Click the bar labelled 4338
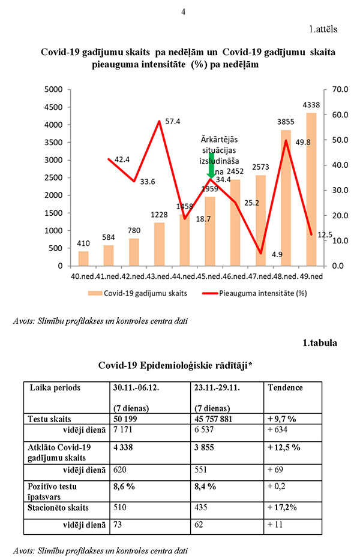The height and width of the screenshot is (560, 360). click(311, 189)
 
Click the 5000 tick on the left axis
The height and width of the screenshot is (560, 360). click(54, 90)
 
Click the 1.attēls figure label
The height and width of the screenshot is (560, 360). click(323, 28)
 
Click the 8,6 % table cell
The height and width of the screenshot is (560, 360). click(124, 486)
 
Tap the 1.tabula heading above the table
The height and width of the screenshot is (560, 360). click(320, 344)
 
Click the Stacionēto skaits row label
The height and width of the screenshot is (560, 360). click(58, 507)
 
